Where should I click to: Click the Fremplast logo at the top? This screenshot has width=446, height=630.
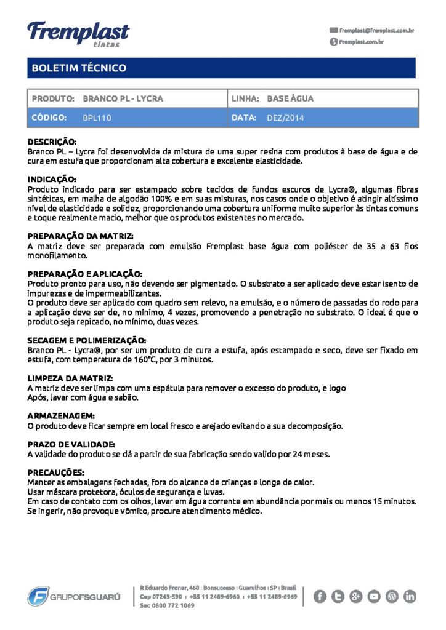(x=78, y=33)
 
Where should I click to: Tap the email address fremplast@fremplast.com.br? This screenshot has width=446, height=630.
(x=376, y=30)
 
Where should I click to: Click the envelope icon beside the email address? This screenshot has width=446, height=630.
(x=334, y=30)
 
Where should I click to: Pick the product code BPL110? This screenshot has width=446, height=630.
(x=97, y=118)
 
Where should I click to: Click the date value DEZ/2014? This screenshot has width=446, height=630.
(x=285, y=118)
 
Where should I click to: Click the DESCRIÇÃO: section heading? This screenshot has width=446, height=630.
(x=52, y=142)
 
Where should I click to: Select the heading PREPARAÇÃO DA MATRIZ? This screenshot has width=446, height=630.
(x=81, y=236)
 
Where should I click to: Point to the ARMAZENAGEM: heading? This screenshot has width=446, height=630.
(x=61, y=416)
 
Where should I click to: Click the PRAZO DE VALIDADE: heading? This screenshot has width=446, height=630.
(x=71, y=444)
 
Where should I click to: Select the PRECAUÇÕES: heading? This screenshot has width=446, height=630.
(x=56, y=472)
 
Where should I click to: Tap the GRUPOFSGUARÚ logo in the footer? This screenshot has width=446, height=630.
(x=74, y=596)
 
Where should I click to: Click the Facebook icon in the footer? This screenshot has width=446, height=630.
(x=320, y=596)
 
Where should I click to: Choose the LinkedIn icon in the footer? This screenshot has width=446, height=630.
(x=410, y=596)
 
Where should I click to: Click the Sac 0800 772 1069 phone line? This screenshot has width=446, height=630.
(x=168, y=605)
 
